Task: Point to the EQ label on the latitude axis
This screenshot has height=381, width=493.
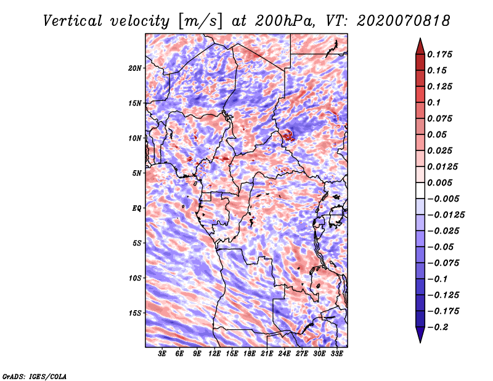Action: click(x=137, y=208)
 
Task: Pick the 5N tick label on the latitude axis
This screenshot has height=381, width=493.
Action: click(x=137, y=173)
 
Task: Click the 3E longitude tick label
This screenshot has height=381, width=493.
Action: click(x=163, y=354)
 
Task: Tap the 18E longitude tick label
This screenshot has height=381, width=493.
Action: click(x=250, y=354)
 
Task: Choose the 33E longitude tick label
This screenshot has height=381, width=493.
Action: click(x=337, y=354)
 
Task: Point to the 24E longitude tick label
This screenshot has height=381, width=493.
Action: click(x=285, y=354)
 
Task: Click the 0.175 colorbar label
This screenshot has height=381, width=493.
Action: click(x=442, y=54)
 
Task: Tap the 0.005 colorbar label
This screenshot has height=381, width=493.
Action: click(x=442, y=182)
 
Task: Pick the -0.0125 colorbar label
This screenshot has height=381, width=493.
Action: click(x=447, y=215)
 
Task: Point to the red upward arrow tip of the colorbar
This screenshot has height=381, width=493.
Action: click(x=420, y=42)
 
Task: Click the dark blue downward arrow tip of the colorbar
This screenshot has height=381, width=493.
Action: click(x=420, y=339)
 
